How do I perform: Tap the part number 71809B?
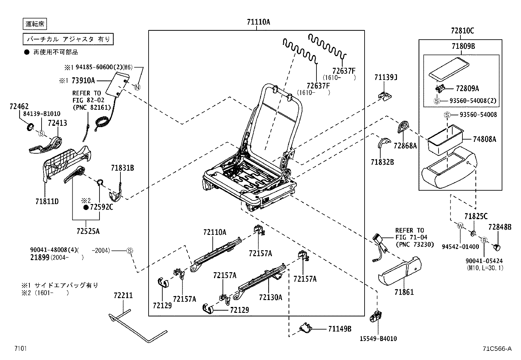point(463,47)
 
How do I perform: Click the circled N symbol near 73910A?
point(137,87)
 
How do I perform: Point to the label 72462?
point(19,106)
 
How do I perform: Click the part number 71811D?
point(47,201)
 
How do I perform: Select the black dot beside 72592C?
point(86,207)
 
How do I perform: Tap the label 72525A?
point(88,231)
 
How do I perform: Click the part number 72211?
point(123,295)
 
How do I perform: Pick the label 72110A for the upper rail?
point(214,232)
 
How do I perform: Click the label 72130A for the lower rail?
point(270,297)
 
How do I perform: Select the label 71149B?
point(340,329)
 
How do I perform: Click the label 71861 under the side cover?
point(404,292)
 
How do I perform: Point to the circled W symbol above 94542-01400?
point(460,226)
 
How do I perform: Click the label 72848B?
point(499,227)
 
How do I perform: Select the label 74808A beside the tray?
point(484,139)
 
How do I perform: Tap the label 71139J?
point(386,77)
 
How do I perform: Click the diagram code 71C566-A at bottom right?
point(496,349)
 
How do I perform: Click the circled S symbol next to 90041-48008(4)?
point(130,251)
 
